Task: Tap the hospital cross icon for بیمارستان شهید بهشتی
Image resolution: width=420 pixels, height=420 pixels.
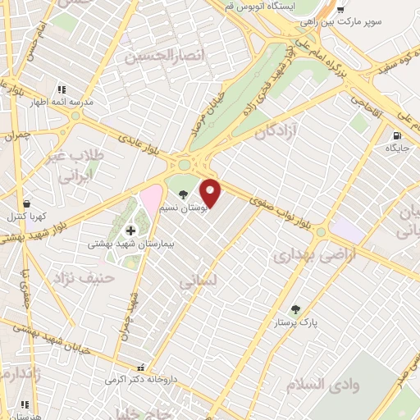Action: [130, 231]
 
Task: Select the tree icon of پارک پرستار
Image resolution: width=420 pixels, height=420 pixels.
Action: [295, 309]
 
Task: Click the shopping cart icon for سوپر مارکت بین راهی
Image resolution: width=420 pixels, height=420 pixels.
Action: [340, 9]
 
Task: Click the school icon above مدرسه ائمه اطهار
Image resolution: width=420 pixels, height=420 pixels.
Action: [60, 89]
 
